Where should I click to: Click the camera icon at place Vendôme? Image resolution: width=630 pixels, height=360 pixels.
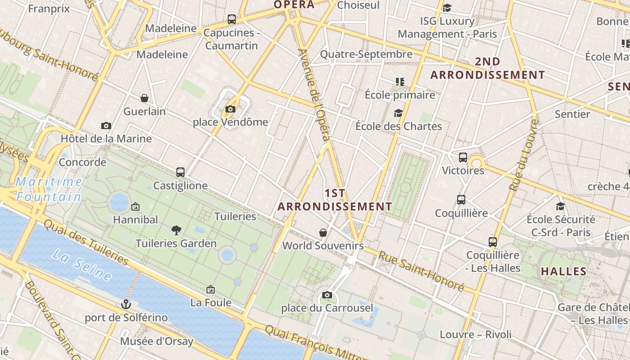point(230,109)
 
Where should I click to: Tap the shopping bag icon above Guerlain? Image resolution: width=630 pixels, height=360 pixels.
point(144,98)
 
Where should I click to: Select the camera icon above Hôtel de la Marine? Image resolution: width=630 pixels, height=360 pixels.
point(106,126)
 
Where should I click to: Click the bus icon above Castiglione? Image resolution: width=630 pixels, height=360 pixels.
point(180,172)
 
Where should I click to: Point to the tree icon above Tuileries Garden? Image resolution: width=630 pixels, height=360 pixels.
point(176,230)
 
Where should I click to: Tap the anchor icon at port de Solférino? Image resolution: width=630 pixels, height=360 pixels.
point(126,304)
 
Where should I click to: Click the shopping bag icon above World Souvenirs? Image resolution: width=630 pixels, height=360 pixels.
point(323,232)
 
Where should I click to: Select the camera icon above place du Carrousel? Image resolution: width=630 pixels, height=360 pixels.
point(327,295)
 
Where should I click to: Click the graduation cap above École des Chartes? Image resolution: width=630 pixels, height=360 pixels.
point(398,113)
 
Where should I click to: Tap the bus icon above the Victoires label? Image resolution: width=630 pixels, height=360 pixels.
point(463,157)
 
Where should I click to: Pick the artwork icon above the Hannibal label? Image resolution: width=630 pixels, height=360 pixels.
point(135,207)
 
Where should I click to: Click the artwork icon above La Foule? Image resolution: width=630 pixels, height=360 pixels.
point(211,289)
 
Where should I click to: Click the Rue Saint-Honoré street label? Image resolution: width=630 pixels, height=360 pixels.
point(421,270)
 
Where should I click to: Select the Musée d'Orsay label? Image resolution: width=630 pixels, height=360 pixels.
point(157,341)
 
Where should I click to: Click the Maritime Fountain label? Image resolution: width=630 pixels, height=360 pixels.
point(49,189)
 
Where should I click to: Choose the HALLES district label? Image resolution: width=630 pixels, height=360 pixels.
point(563,271)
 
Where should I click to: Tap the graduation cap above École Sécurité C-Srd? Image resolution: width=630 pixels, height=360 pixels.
point(560,206)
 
